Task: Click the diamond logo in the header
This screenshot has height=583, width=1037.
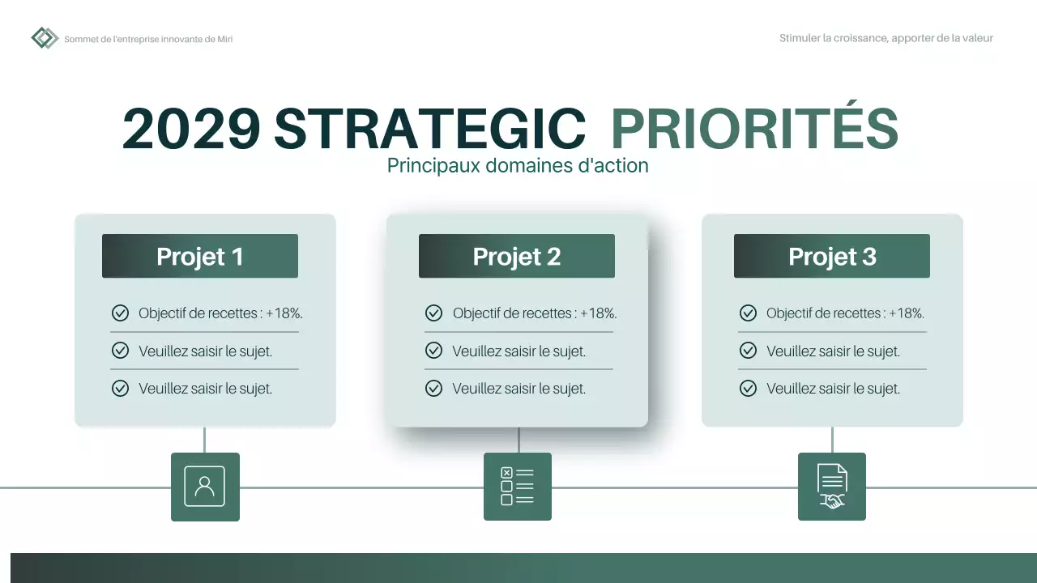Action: (x=45, y=38)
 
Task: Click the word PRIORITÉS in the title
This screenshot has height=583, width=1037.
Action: (x=754, y=129)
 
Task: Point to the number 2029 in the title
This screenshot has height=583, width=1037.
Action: (x=192, y=129)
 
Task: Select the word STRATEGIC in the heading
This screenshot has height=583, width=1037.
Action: (x=429, y=129)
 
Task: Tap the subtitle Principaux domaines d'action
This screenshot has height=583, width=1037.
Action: (x=518, y=166)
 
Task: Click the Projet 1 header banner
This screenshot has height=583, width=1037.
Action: (x=200, y=257)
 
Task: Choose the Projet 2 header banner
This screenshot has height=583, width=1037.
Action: (x=517, y=257)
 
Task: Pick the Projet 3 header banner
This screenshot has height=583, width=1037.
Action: (x=832, y=257)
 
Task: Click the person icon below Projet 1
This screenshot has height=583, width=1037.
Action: (x=205, y=487)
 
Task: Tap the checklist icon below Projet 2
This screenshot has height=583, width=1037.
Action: (x=518, y=487)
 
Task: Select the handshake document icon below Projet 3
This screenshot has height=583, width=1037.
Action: (x=832, y=487)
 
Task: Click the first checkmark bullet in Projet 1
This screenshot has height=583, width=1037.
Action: (x=120, y=313)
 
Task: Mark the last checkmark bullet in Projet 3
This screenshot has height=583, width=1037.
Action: (x=749, y=389)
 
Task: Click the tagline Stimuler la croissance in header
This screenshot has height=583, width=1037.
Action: (x=886, y=38)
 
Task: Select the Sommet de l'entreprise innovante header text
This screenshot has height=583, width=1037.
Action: (x=148, y=39)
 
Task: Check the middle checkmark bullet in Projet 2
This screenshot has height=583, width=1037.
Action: (x=434, y=351)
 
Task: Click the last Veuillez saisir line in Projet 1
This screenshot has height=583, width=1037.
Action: (x=205, y=389)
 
